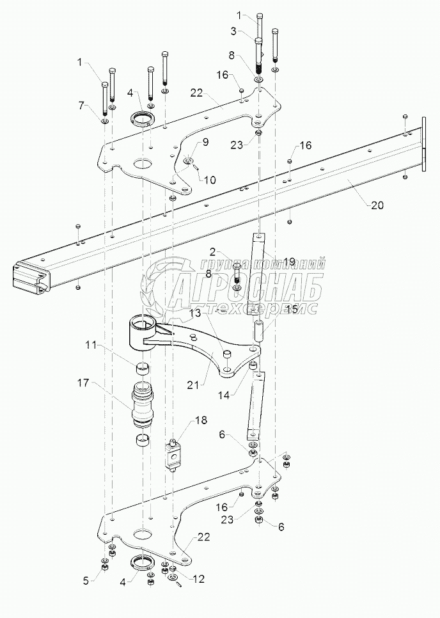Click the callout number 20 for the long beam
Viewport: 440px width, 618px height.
tap(377, 206)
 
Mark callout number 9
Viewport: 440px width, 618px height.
tap(205, 143)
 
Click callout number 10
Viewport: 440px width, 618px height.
tap(211, 180)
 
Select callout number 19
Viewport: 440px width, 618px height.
tap(288, 261)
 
